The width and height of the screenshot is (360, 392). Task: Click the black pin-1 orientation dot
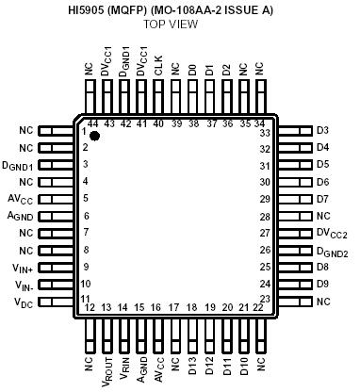94,137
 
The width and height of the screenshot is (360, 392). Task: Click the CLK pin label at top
157,68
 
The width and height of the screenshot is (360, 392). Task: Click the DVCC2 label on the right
331,233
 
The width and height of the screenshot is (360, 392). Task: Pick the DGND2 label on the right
332,251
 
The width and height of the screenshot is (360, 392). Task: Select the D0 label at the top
192,71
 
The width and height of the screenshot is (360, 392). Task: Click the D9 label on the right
322,284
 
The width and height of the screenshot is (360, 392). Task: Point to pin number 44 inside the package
92,123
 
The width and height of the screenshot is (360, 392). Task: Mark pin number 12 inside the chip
90,307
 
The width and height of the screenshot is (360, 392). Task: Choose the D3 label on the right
322,130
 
